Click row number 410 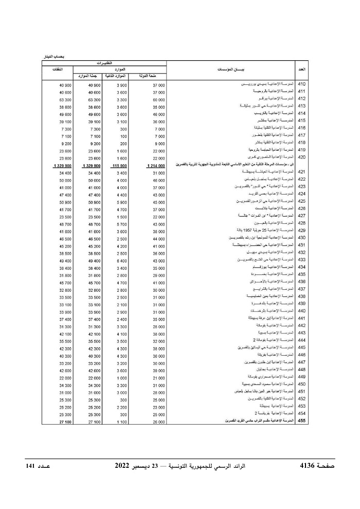coord(302,84)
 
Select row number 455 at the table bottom coord(302,421)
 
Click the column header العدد coord(302,68)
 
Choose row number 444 coord(302,340)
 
